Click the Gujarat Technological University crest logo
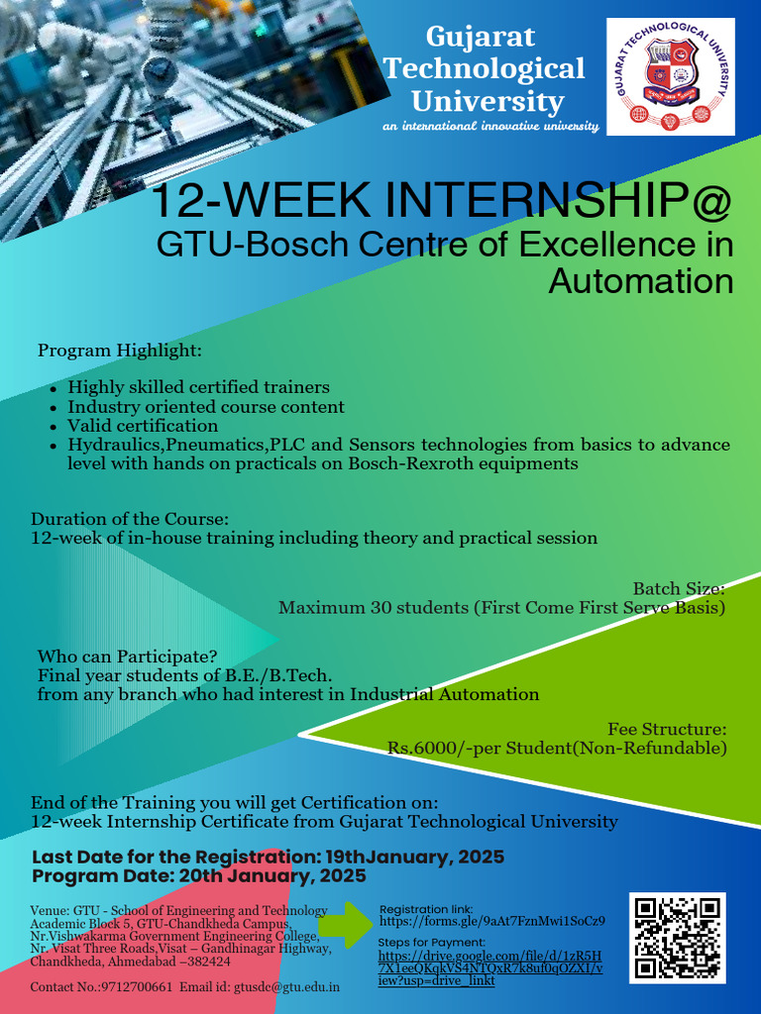671,76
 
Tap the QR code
678,938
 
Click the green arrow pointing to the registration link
346,925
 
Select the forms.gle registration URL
492,921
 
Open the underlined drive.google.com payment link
490,968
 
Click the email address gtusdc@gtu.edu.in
286,987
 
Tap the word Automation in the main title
641,282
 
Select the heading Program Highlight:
120,351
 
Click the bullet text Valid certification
143,426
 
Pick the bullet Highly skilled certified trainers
198,387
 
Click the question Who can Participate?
128,657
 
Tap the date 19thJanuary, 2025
415,858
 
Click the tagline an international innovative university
491,126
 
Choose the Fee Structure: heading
667,729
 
